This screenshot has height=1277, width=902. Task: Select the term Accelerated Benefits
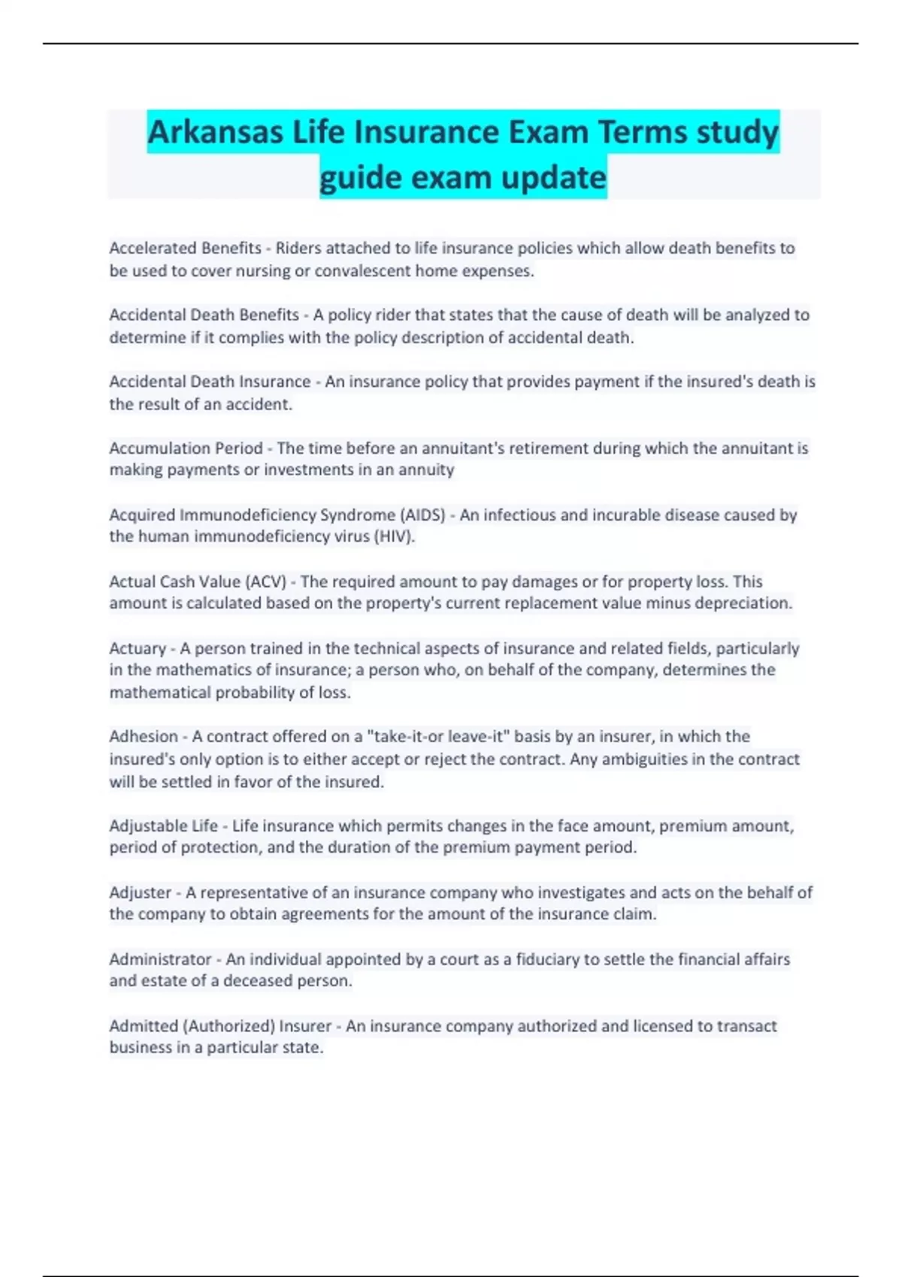[x=185, y=248]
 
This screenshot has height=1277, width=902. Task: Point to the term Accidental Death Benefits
[x=204, y=315]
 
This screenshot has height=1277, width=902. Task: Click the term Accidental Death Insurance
[x=210, y=382]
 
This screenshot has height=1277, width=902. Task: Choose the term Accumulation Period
[x=186, y=448]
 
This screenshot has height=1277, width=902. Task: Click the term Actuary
[x=138, y=648]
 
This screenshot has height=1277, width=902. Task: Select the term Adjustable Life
[x=163, y=826]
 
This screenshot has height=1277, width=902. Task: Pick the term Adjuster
[x=140, y=892]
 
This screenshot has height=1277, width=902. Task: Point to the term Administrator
[x=160, y=959]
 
